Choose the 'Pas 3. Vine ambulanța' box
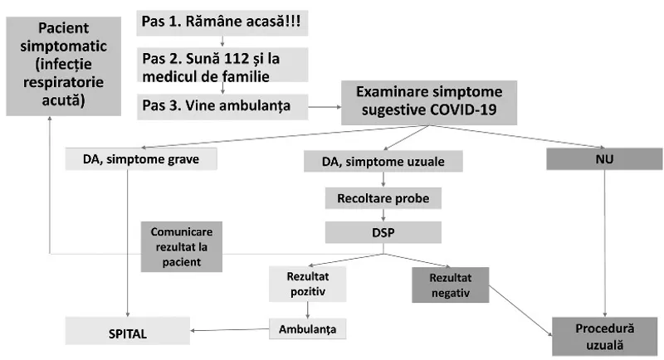222,105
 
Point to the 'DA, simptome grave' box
140,158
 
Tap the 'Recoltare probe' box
383,198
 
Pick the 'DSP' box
383,233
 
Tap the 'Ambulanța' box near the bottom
307,329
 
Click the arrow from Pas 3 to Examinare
325,106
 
